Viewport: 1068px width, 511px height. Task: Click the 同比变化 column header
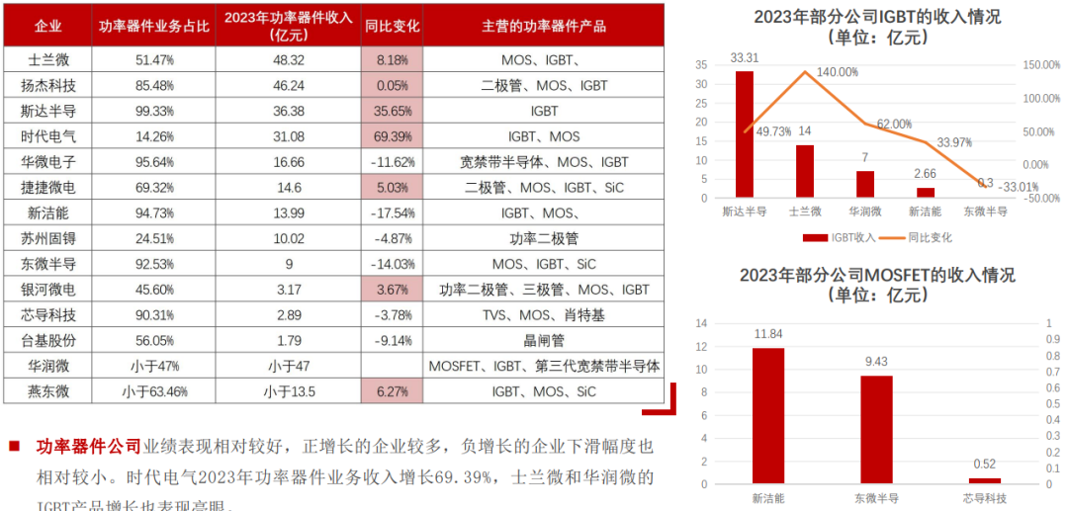pyautogui.click(x=392, y=25)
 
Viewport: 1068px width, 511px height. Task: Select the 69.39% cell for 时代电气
pyautogui.click(x=392, y=135)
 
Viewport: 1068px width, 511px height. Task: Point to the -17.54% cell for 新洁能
pyautogui.click(x=392, y=213)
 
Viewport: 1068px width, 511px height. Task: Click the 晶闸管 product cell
pyautogui.click(x=544, y=341)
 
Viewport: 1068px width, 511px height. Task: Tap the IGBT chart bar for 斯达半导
pyautogui.click(x=744, y=134)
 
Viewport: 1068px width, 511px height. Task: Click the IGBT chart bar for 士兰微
pyautogui.click(x=805, y=171)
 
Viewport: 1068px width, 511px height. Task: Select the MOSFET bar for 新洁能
pyautogui.click(x=767, y=416)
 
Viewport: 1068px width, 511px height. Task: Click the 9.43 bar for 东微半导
pyautogui.click(x=876, y=430)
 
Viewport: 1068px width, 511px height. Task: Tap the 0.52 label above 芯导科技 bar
pyautogui.click(x=985, y=464)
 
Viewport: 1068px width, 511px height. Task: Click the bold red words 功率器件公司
pyautogui.click(x=89, y=447)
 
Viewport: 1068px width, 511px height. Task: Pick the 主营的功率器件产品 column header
pyautogui.click(x=544, y=25)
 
